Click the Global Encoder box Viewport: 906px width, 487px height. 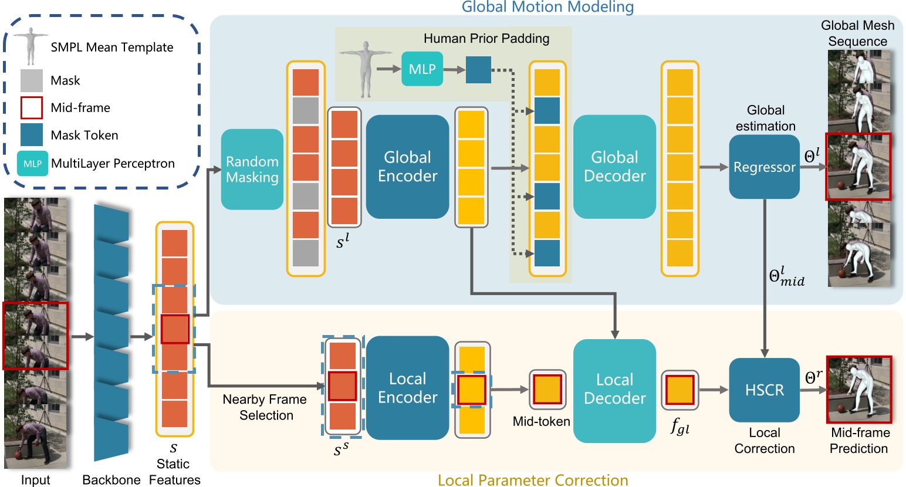coord(407,167)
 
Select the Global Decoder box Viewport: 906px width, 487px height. coord(614,167)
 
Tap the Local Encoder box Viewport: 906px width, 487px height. coord(407,388)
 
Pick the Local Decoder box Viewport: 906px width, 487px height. coord(614,390)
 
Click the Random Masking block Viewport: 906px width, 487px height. coord(252,170)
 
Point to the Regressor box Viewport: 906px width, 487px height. coord(764,167)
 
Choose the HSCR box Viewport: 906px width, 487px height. coord(764,390)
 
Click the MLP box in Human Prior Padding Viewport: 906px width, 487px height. coord(422,69)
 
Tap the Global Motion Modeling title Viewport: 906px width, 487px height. coord(547,7)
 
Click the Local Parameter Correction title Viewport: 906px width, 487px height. coord(533,480)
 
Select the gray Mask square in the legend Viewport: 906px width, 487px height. coord(32,80)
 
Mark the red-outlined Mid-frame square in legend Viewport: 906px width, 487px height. coord(32,107)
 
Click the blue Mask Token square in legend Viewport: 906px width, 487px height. coord(32,135)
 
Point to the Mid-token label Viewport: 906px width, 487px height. coord(541,421)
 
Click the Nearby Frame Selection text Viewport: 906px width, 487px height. coord(265,407)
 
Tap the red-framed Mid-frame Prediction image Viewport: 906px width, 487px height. coord(859,389)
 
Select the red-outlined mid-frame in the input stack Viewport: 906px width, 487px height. coord(36,336)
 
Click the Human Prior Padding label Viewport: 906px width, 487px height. coord(486,39)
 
